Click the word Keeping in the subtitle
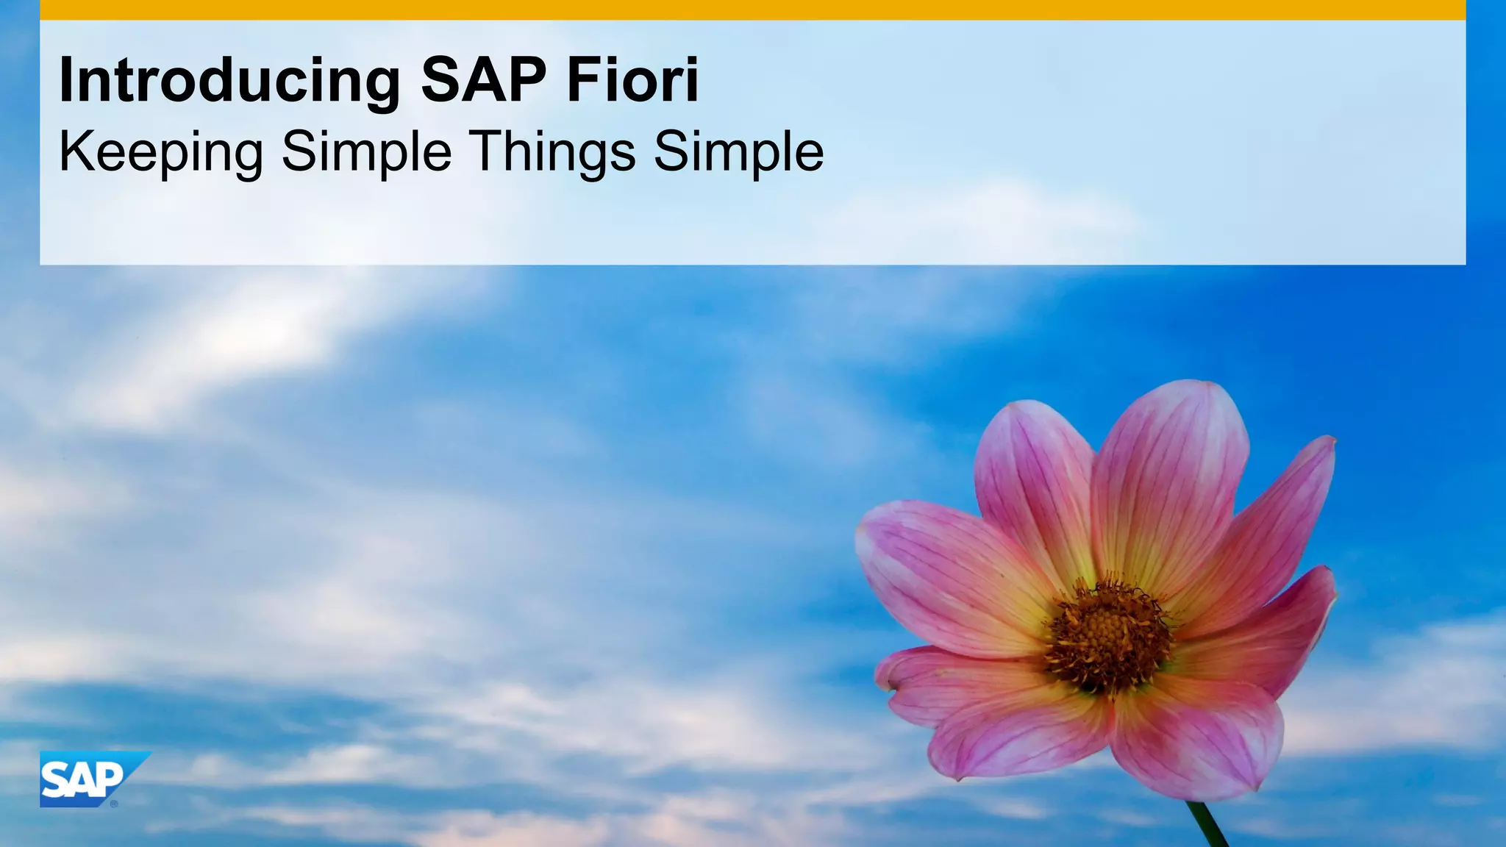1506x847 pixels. [160, 151]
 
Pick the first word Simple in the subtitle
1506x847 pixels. [366, 151]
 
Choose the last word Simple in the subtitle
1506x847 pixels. [738, 151]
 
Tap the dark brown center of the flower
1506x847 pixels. [1109, 634]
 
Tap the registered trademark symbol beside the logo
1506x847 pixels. [114, 804]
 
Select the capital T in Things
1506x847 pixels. [488, 151]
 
